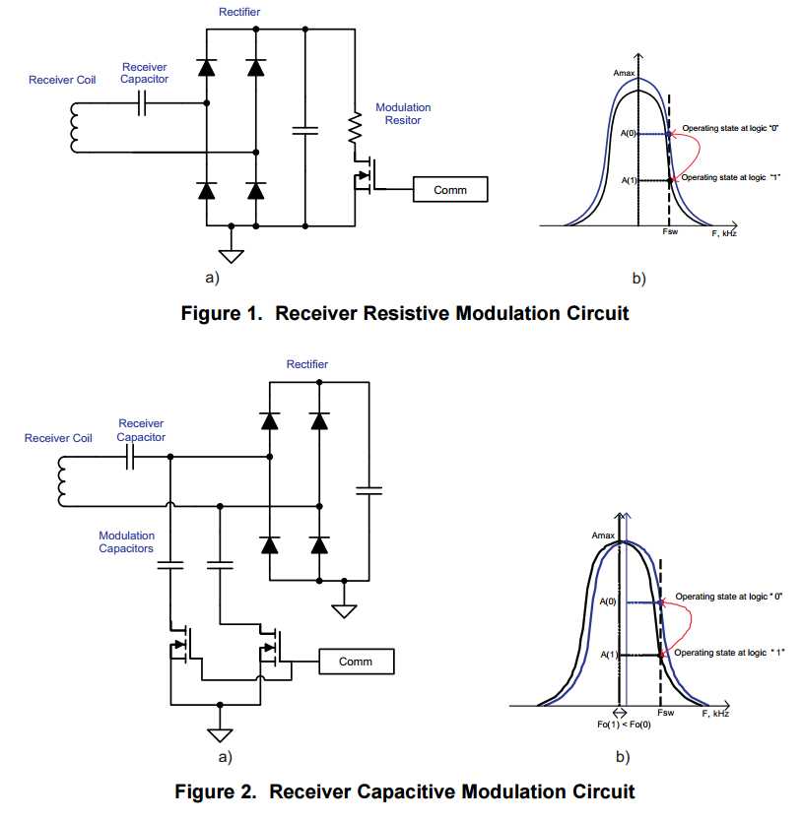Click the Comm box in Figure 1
tap(450, 189)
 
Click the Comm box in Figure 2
tap(356, 662)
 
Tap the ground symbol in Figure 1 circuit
tap(231, 255)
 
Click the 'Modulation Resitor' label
tap(403, 113)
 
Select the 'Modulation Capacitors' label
tap(126, 542)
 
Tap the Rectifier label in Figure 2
tap(307, 364)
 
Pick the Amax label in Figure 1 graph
tap(625, 74)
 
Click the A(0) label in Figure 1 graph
tap(629, 133)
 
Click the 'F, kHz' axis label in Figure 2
tap(715, 713)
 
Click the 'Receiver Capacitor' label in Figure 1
tap(144, 73)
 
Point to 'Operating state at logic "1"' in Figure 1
tap(731, 177)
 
